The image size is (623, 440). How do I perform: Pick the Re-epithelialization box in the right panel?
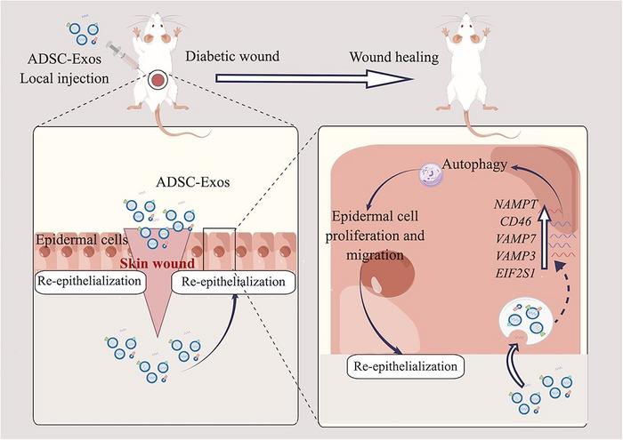406,364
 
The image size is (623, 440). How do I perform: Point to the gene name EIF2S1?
517,274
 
